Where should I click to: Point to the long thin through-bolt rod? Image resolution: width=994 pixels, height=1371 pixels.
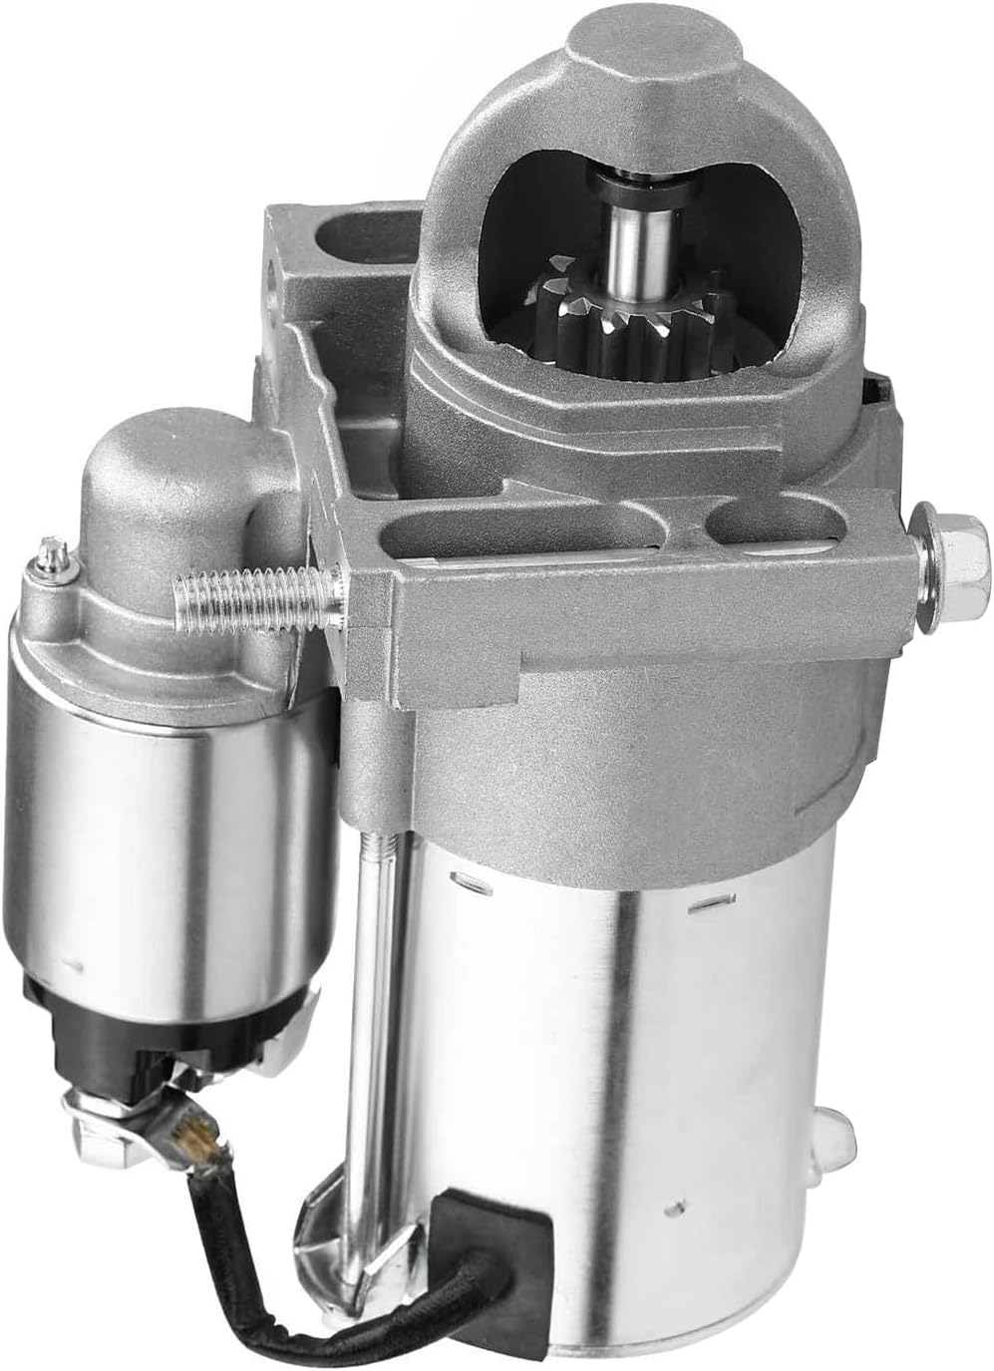point(372,997)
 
